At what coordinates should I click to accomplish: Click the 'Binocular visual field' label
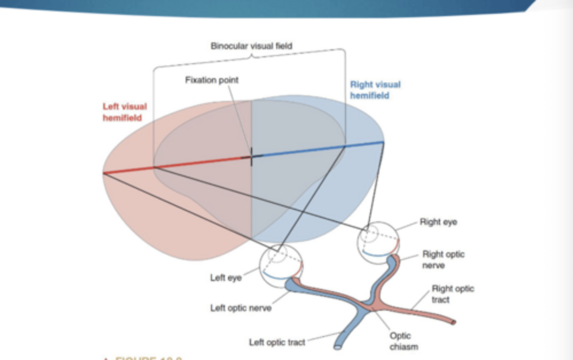click(251, 46)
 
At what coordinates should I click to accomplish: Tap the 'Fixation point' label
click(212, 80)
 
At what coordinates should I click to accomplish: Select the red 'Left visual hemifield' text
click(125, 112)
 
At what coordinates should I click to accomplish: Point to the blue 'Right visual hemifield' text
click(375, 90)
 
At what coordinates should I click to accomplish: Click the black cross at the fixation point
click(251, 157)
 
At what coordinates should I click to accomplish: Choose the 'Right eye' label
click(438, 222)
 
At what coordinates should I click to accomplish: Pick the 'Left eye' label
click(226, 278)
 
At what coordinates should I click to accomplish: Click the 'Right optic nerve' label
click(443, 259)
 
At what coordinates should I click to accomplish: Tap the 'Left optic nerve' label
click(241, 308)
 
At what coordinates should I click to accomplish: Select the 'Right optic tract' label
click(452, 294)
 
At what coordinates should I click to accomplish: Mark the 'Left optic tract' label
click(277, 342)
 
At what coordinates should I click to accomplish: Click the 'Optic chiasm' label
click(403, 341)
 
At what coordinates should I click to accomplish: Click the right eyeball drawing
click(378, 242)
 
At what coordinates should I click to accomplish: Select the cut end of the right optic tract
click(453, 322)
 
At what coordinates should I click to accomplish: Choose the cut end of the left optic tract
click(337, 346)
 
